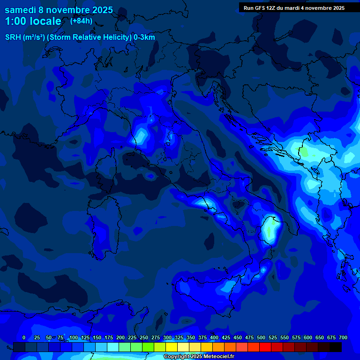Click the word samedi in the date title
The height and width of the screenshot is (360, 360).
point(21,10)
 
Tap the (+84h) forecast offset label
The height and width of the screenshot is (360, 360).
point(81,21)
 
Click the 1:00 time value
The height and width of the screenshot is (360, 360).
point(15,21)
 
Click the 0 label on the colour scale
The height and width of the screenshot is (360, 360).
point(24,337)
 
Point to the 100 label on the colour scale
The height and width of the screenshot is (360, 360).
point(74,337)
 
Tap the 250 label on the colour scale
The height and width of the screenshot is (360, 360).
point(144,337)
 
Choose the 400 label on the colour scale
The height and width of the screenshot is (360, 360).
point(214,337)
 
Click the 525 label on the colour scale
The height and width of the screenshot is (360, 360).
point(273,337)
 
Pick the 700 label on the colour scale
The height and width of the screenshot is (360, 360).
point(343,337)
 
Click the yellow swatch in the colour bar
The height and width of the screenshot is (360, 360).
point(172,347)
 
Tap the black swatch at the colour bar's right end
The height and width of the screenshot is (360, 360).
point(336,347)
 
